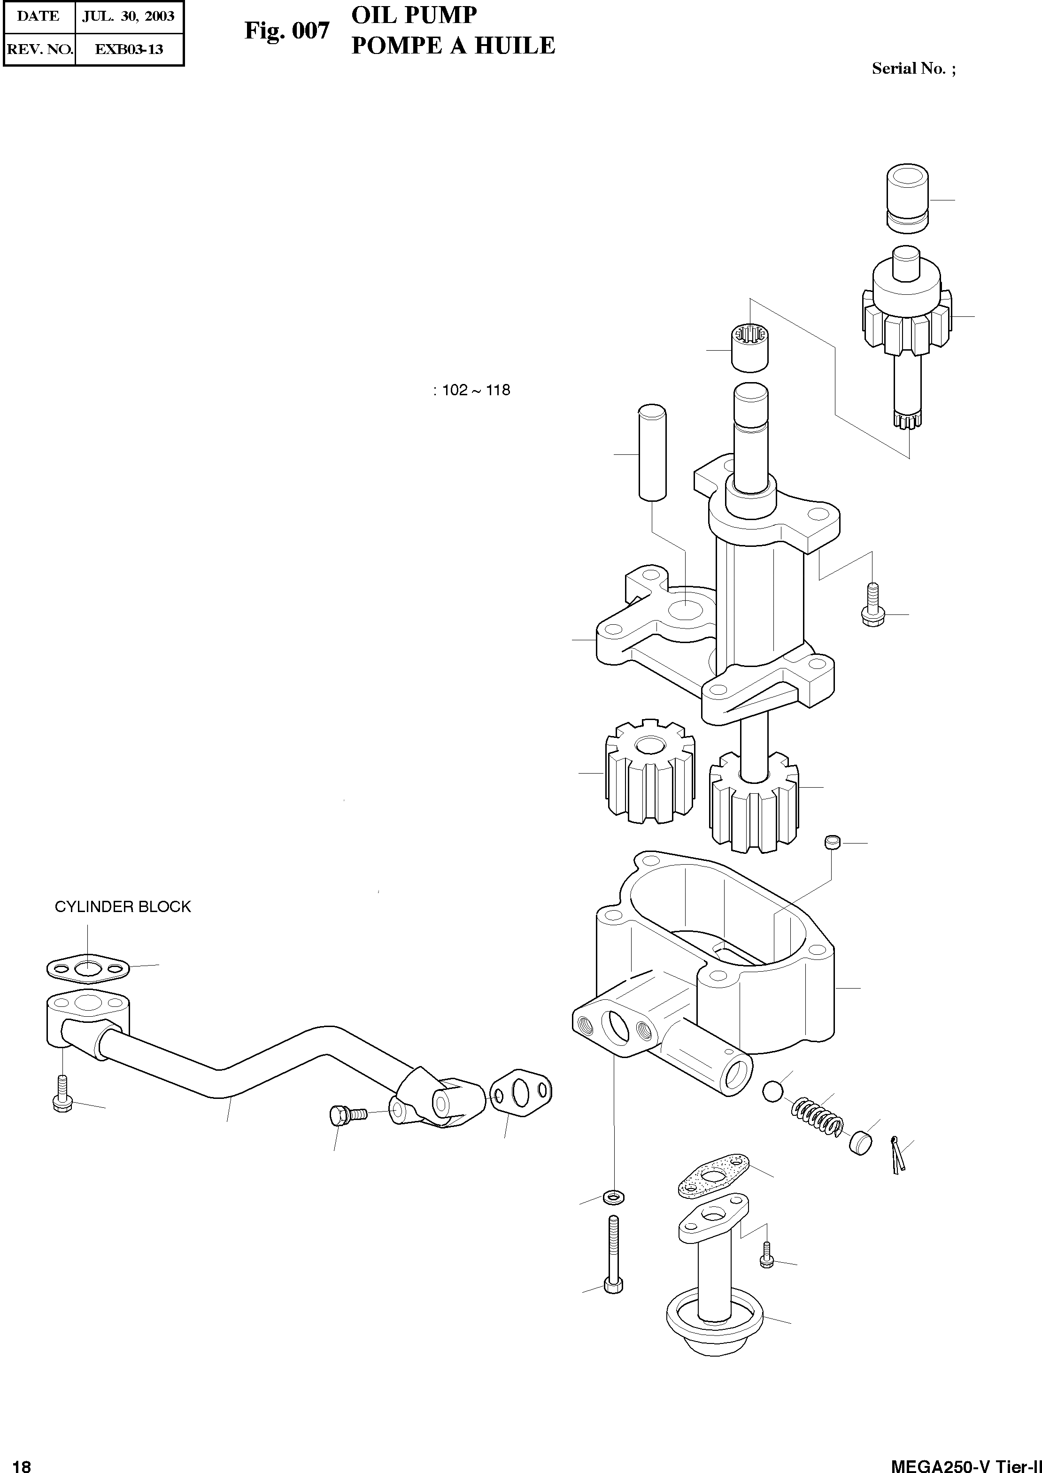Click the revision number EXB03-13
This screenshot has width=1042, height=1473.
click(129, 49)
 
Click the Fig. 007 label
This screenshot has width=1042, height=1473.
click(287, 30)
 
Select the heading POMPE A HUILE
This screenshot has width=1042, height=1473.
click(453, 46)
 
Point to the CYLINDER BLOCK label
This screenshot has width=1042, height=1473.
click(123, 906)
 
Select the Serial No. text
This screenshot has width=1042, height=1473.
click(913, 69)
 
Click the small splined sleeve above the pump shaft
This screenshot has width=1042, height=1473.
click(750, 348)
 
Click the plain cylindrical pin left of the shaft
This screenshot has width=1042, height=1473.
click(652, 451)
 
